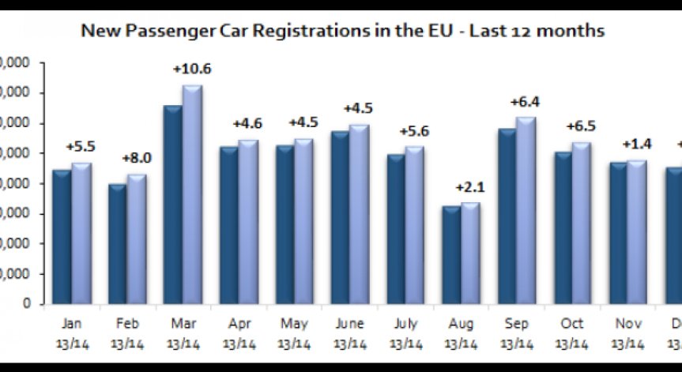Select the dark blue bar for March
coord(172,205)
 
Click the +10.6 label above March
coord(192,70)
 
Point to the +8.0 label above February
coord(136,159)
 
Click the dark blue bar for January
coord(61,237)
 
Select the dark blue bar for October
coord(563,228)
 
